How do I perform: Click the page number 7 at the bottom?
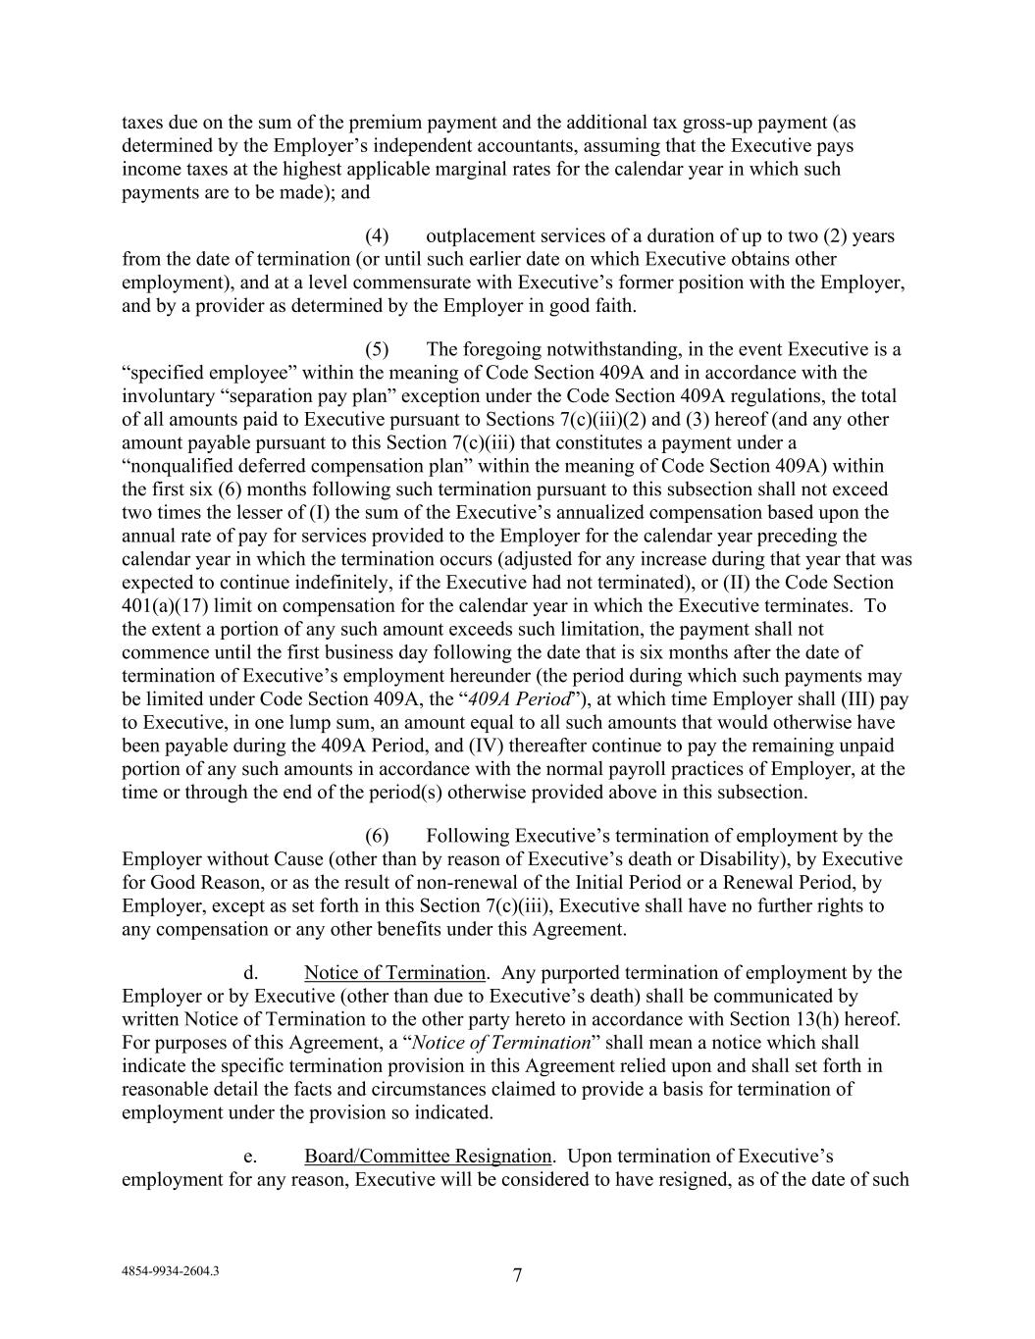[517, 1275]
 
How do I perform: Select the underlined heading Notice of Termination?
[394, 973]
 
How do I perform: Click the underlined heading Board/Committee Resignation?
[428, 1157]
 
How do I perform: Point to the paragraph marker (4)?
[377, 236]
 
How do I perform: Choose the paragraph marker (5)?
[377, 350]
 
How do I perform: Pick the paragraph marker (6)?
[377, 836]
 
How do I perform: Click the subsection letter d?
[250, 973]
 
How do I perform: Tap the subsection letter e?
[250, 1157]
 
